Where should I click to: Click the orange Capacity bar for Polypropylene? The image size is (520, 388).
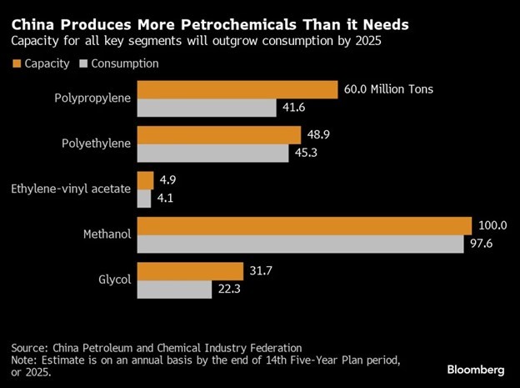click(x=237, y=90)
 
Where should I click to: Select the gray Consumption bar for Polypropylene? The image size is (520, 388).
click(x=206, y=108)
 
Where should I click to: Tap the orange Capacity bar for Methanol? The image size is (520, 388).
click(x=304, y=226)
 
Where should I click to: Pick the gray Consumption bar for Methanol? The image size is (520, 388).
click(x=300, y=244)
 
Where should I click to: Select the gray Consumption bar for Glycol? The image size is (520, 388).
click(x=174, y=290)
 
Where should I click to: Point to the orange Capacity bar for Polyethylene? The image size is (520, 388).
click(x=218, y=135)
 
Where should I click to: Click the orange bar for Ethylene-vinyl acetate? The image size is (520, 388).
click(x=145, y=180)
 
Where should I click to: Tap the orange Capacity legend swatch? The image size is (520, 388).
click(x=15, y=63)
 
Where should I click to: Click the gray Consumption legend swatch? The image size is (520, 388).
click(x=82, y=63)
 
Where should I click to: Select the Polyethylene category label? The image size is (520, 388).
click(x=97, y=144)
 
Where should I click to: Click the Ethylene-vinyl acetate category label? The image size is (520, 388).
click(x=71, y=189)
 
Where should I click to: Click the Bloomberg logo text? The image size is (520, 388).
click(x=477, y=369)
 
